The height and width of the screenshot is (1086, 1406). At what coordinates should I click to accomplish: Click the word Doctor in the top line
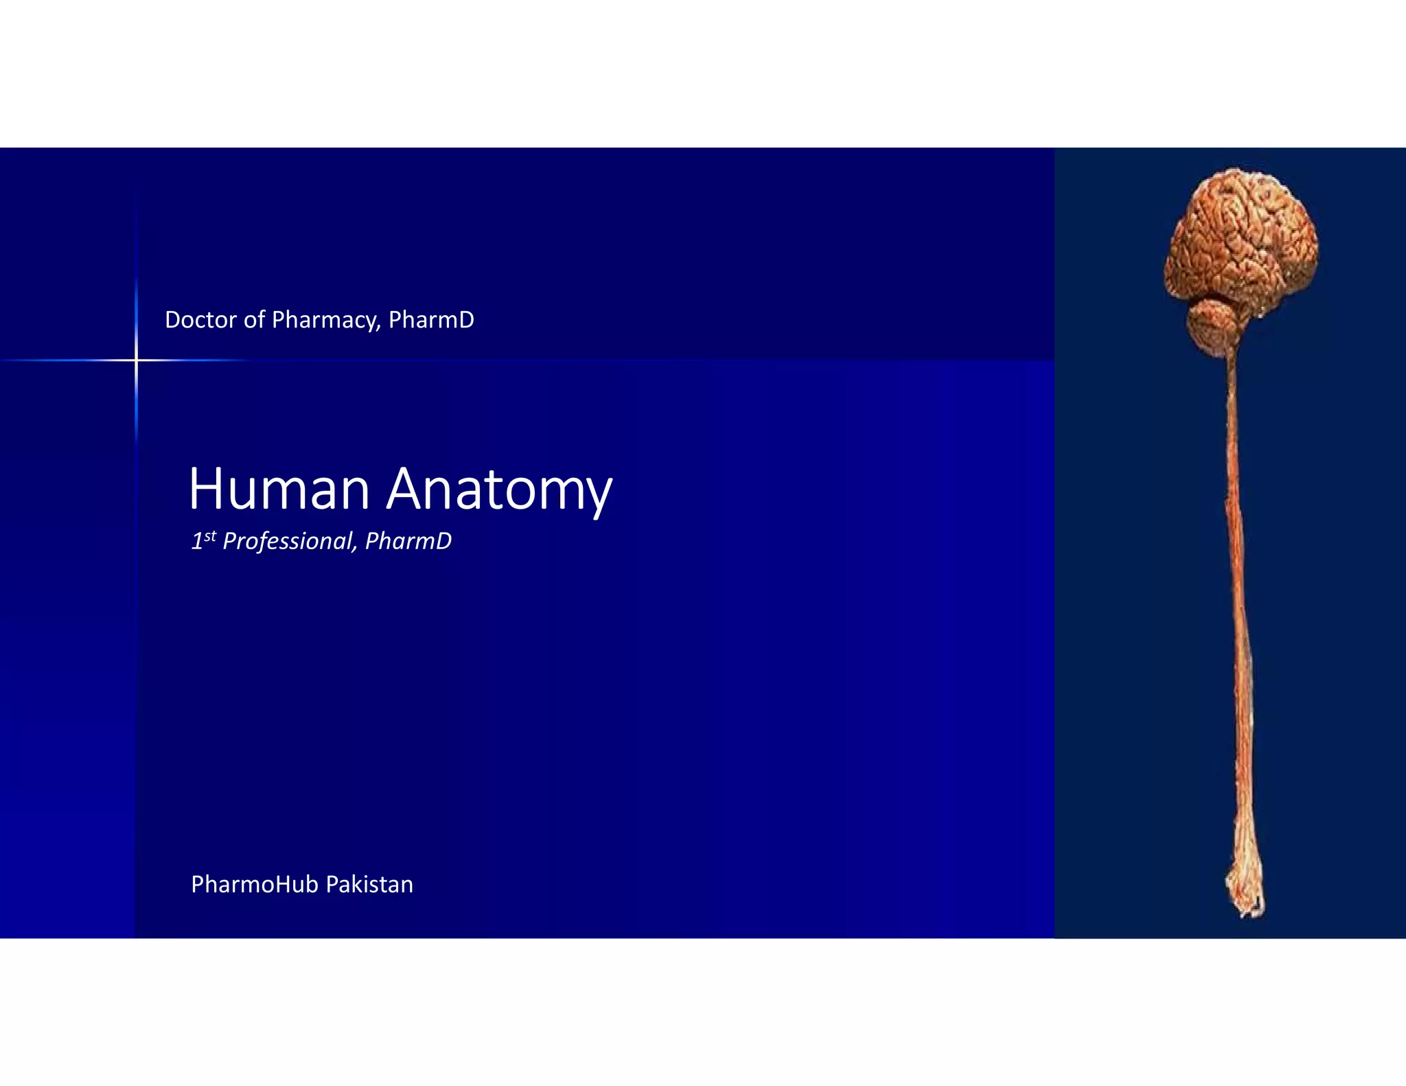pyautogui.click(x=201, y=320)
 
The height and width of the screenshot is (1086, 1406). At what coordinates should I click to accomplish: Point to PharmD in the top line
pyautogui.click(x=431, y=320)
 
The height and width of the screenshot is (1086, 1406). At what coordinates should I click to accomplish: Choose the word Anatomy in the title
pyautogui.click(x=499, y=490)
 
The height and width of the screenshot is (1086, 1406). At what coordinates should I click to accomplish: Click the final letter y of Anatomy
pyautogui.click(x=598, y=496)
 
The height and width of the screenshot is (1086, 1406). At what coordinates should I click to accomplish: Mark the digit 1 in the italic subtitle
pyautogui.click(x=196, y=542)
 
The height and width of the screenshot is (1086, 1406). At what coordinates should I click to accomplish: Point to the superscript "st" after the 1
pyautogui.click(x=210, y=535)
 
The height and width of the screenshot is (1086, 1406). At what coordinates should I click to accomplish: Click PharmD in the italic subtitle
pyautogui.click(x=408, y=541)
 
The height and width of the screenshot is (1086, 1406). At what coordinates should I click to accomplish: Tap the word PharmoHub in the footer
pyautogui.click(x=254, y=884)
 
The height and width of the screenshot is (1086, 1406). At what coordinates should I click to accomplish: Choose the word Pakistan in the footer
pyautogui.click(x=369, y=884)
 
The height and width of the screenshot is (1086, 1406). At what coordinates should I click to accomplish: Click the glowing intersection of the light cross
pyautogui.click(x=136, y=360)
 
